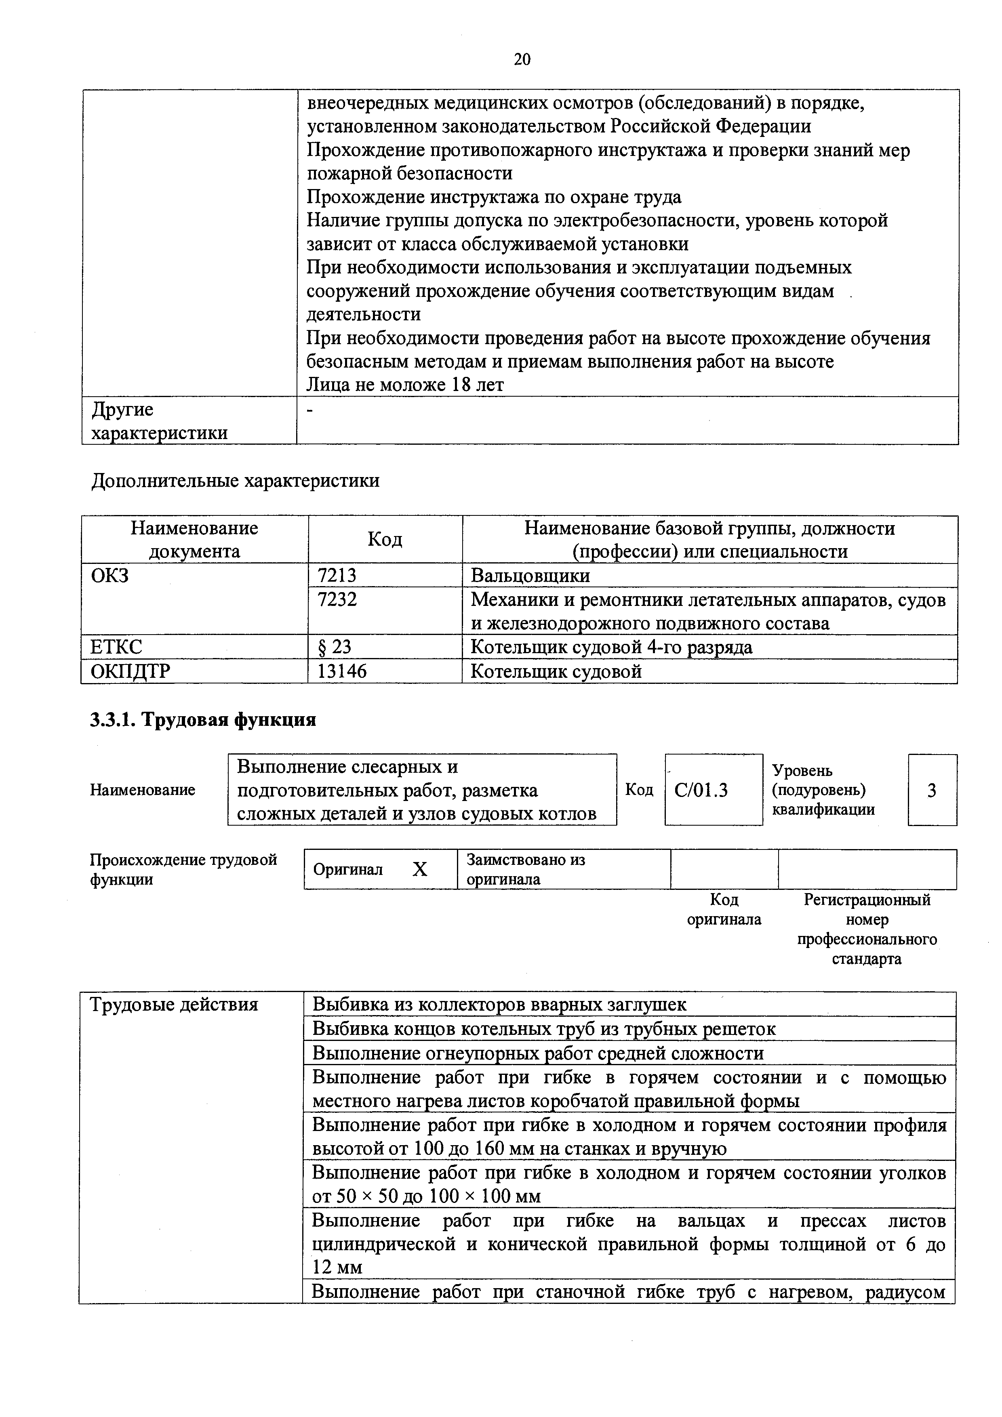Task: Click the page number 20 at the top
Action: tap(522, 59)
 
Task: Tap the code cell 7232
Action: tap(337, 599)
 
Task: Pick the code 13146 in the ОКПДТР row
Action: tap(341, 671)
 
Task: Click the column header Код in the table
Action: tap(385, 539)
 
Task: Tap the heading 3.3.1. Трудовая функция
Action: tap(203, 720)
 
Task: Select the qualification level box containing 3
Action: tap(932, 790)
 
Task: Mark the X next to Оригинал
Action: tap(419, 870)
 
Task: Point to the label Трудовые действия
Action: tap(174, 1005)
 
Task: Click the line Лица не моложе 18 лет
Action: tap(405, 385)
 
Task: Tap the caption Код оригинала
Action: tap(724, 909)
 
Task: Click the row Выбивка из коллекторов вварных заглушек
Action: tap(499, 1005)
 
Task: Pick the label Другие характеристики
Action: tap(159, 421)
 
